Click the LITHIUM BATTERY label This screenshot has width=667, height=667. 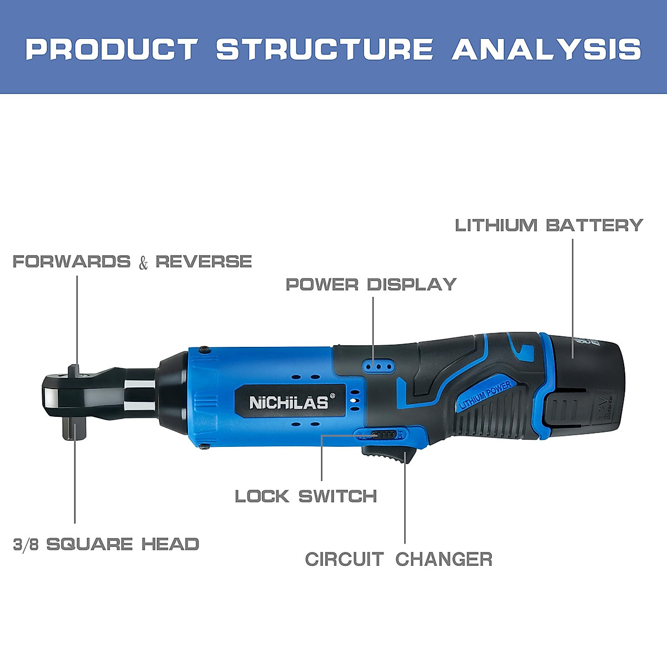(x=549, y=225)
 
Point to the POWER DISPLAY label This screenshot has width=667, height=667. (x=371, y=285)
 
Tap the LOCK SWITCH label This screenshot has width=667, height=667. (x=306, y=496)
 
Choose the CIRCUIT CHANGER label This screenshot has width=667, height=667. (x=399, y=559)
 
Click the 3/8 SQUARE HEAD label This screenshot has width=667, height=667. (x=106, y=544)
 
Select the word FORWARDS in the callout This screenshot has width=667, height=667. (x=72, y=261)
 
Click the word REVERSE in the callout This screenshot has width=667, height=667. (x=203, y=261)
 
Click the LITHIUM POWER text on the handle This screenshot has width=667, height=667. (x=485, y=395)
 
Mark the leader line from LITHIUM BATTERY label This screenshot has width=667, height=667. (x=573, y=289)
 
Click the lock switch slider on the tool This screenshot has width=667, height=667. (x=384, y=435)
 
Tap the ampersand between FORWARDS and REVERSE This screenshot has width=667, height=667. (x=143, y=262)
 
